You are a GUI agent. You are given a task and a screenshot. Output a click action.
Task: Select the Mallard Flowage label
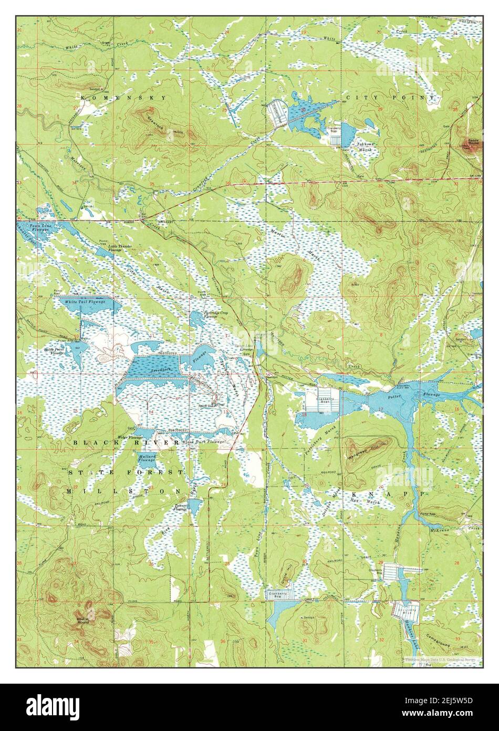tap(147, 458)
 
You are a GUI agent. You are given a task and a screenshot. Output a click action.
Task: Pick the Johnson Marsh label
tap(365, 146)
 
